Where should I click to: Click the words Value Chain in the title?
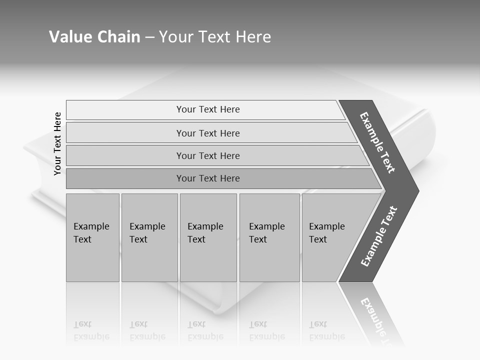click(94, 37)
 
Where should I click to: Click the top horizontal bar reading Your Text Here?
click(207, 109)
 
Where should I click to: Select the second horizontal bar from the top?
click(207, 133)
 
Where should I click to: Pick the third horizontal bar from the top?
click(207, 155)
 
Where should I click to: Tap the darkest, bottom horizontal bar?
click(207, 178)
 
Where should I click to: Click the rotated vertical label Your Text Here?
click(57, 143)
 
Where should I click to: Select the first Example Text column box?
click(92, 237)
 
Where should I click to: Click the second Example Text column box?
click(149, 237)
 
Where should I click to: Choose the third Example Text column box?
click(208, 237)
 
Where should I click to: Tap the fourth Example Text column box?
click(269, 237)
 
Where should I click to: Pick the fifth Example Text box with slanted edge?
click(330, 237)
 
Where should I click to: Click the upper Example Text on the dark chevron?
click(378, 142)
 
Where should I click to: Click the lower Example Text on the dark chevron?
click(379, 236)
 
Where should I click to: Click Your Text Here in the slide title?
click(215, 37)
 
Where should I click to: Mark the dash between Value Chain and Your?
click(149, 37)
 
